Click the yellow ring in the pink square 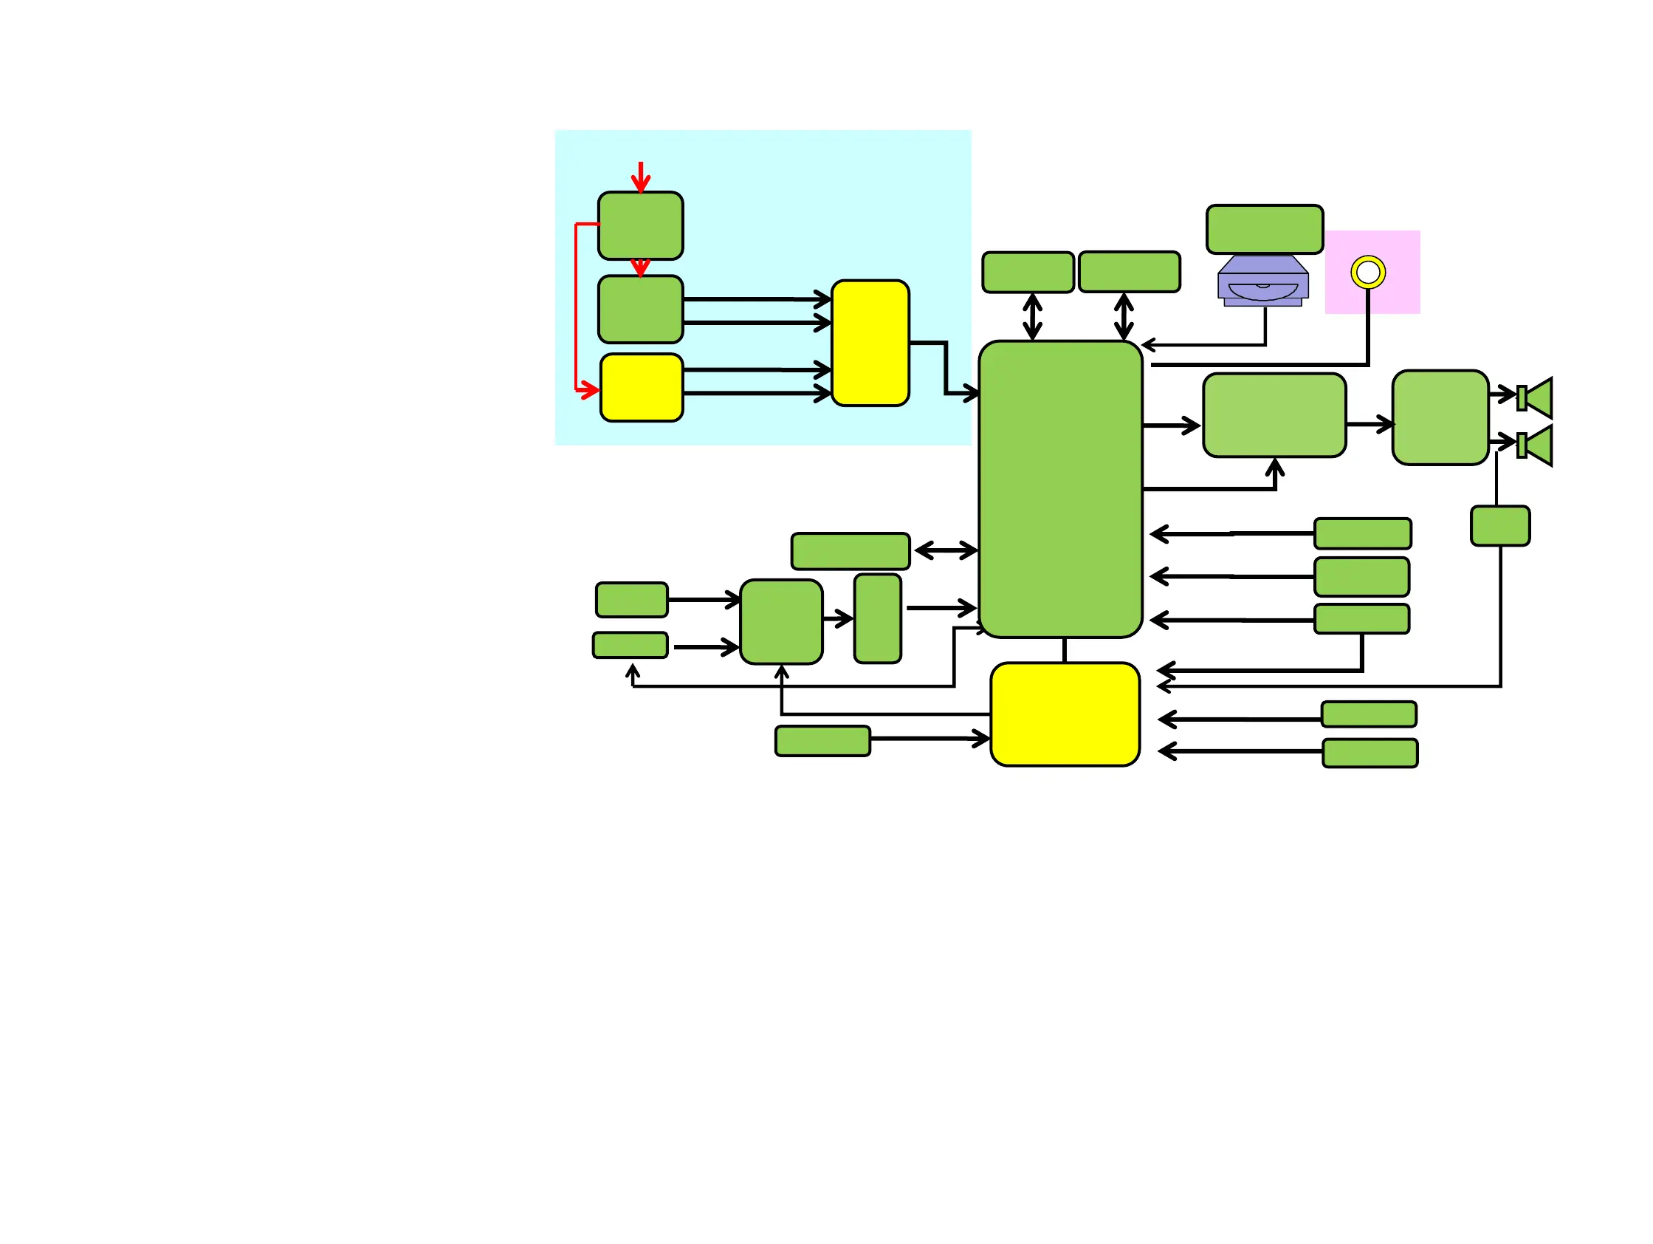pos(1367,272)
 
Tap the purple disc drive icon pos(1263,282)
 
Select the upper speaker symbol pos(1536,397)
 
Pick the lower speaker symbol pos(1536,445)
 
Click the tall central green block pos(1060,490)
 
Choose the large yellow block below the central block pos(1065,714)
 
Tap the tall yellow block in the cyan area pos(870,344)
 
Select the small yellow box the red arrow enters pos(641,388)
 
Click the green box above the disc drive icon pos(1265,230)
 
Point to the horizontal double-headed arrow pos(945,551)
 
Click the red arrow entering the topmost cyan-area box pos(640,177)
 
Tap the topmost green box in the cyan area pos(640,226)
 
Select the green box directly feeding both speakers pos(1440,418)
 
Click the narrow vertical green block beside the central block pos(877,619)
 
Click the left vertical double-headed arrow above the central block pos(1032,317)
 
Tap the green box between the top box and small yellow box pos(640,310)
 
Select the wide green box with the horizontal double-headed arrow pos(850,552)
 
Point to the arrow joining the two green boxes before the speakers pos(1369,425)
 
